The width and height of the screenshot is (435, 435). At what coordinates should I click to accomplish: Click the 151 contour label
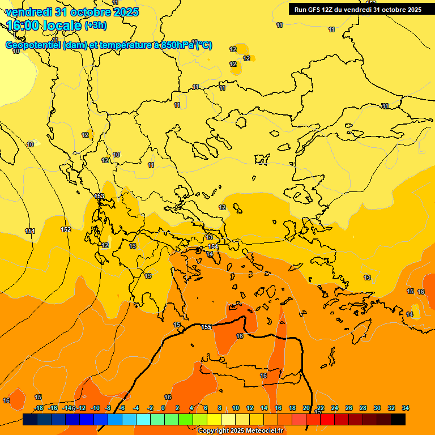[x=30, y=231]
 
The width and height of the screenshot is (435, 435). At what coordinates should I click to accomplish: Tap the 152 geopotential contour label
[x=66, y=229]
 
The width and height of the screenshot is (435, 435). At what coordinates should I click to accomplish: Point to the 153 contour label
[x=99, y=197]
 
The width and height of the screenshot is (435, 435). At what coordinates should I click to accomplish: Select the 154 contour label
[x=213, y=246]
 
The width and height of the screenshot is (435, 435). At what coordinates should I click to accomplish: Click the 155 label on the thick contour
[x=206, y=327]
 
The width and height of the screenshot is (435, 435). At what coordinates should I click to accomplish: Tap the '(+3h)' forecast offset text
[x=95, y=25]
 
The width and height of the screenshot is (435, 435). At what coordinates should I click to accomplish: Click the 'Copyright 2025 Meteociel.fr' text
[x=240, y=431]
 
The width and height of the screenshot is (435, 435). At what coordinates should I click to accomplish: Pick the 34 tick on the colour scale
[x=406, y=408]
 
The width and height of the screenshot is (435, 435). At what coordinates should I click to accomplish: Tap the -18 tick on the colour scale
[x=39, y=408]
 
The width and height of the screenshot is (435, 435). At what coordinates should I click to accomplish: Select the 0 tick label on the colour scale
[x=163, y=408]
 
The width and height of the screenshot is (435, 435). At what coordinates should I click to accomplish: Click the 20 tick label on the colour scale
[x=306, y=408]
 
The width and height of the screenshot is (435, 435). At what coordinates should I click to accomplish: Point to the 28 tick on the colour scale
[x=363, y=408]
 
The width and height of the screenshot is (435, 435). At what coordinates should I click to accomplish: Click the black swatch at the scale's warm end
[x=398, y=419]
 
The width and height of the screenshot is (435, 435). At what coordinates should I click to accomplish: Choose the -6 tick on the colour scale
[x=122, y=408]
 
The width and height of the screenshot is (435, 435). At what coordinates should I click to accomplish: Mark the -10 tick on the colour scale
[x=95, y=408]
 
